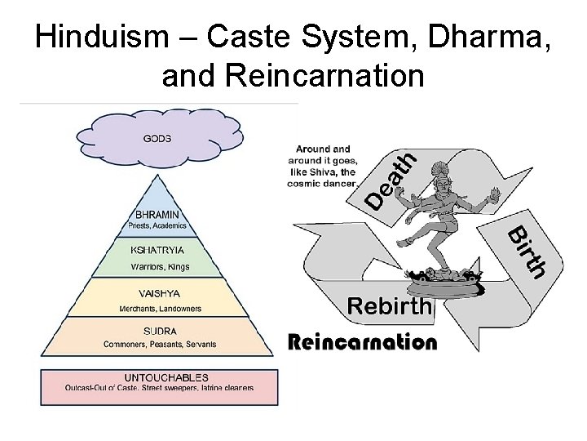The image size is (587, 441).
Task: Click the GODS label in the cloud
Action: tap(157, 138)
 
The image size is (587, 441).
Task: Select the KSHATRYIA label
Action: tap(158, 250)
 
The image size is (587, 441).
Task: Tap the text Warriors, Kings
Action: tap(161, 266)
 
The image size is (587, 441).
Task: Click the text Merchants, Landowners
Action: tap(161, 309)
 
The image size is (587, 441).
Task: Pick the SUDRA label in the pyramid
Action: tap(160, 332)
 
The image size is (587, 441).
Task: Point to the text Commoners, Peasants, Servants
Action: tap(160, 345)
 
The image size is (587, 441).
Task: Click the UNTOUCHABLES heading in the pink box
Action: tap(166, 378)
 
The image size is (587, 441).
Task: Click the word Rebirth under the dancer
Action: tap(389, 306)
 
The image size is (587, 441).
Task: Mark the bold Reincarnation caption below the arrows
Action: tap(363, 341)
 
